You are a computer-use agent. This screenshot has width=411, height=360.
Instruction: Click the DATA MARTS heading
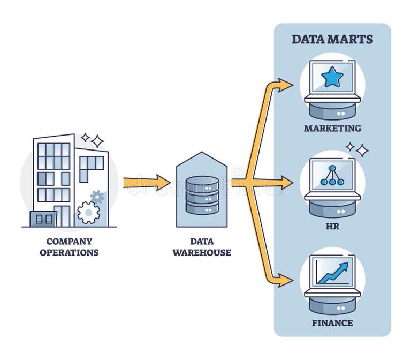pos(332,39)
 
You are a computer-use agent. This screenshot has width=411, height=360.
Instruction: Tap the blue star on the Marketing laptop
pos(332,78)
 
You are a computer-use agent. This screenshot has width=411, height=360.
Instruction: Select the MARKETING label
pos(332,129)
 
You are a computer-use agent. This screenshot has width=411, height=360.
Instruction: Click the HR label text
pos(332,226)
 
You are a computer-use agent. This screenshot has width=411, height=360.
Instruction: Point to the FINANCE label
pos(332,323)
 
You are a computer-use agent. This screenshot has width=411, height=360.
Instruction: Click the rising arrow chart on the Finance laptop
pos(332,272)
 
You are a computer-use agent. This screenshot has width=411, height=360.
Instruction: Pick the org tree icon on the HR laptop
pos(332,175)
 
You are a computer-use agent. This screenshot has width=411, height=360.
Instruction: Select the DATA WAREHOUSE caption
pos(202,247)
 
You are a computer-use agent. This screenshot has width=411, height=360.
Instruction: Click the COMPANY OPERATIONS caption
pos(69,247)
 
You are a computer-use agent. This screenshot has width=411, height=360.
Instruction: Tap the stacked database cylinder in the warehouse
pos(202,195)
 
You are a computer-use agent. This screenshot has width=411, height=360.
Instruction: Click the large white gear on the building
pos(88,212)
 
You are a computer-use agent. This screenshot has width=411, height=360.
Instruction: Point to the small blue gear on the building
pos(97,197)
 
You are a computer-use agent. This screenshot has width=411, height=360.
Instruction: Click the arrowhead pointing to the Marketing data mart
pos(286,85)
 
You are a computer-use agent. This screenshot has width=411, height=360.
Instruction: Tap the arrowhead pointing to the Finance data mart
pos(286,280)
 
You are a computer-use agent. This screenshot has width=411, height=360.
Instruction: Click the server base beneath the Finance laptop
pos(332,305)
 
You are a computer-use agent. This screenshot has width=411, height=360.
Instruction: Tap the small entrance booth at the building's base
pos(43,219)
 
